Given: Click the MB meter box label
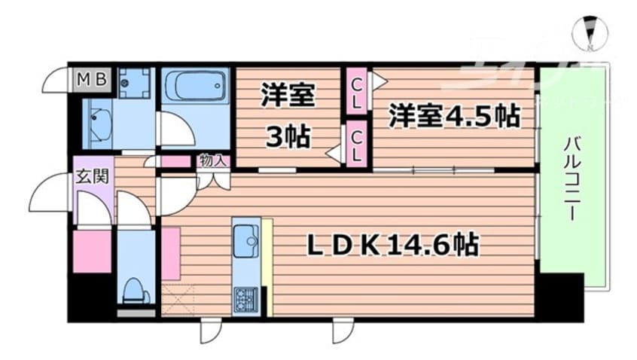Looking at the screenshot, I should pos(93,78).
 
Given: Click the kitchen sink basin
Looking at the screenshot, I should pos(245,243).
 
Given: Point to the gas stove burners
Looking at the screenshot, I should pos(245,300).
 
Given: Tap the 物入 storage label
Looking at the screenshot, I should pos(212,160).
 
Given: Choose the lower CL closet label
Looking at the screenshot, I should pos(356,145).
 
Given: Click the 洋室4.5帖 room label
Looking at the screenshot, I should pos(453,116).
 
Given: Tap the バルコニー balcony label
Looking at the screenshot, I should pos(571,177).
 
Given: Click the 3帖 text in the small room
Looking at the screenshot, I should pos(288,138).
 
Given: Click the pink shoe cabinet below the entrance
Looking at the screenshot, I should pos(93,252).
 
